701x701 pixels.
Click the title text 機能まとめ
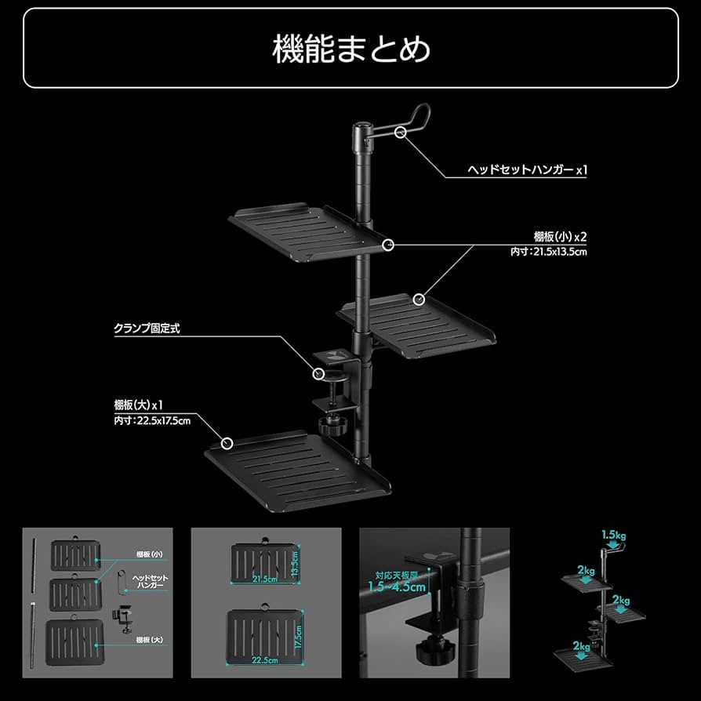point(350,49)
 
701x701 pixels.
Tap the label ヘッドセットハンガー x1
point(527,169)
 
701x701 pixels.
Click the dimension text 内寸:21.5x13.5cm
point(548,252)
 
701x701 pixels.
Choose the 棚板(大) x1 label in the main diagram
point(138,405)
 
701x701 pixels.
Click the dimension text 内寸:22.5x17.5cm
point(152,421)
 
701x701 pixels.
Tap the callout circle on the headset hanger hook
point(401,132)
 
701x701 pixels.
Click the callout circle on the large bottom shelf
point(227,443)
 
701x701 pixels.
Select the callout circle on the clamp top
point(319,375)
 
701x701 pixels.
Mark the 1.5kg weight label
point(615,536)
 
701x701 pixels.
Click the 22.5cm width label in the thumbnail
point(264,660)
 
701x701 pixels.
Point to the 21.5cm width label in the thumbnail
point(264,579)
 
